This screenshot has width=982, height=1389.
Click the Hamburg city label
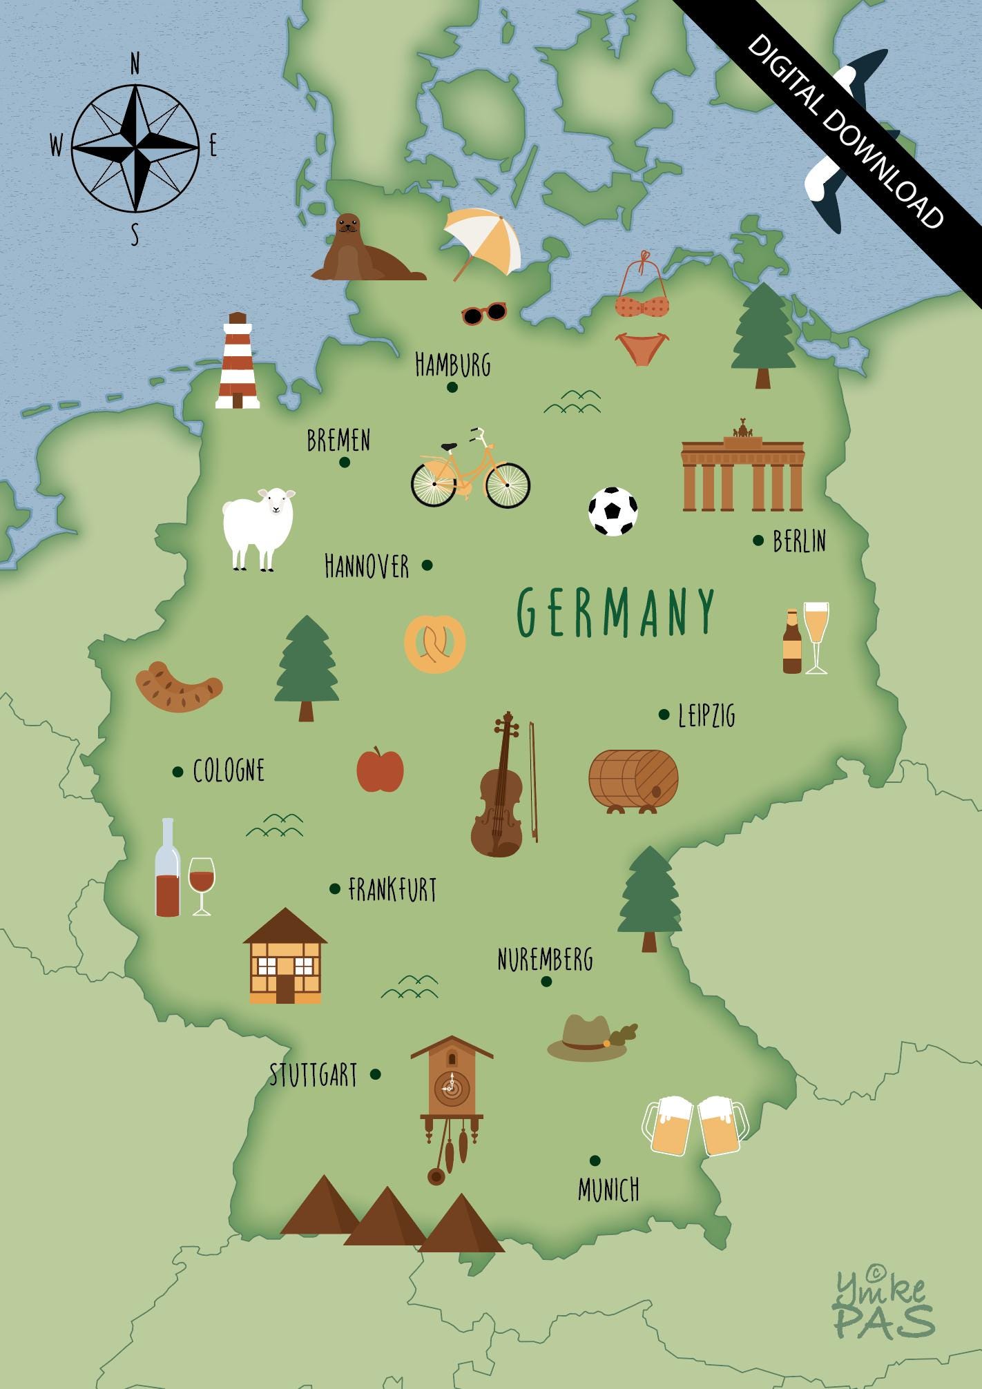click(x=452, y=364)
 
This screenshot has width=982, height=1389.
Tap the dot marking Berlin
click(x=758, y=540)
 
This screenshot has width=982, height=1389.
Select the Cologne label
click(x=229, y=770)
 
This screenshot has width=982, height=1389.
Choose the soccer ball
click(x=613, y=512)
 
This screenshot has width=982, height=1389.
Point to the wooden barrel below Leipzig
click(x=633, y=779)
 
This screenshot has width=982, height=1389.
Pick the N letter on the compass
click(x=135, y=65)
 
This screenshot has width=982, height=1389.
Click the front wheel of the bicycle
click(x=508, y=485)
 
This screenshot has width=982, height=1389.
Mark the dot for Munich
click(x=595, y=1160)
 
